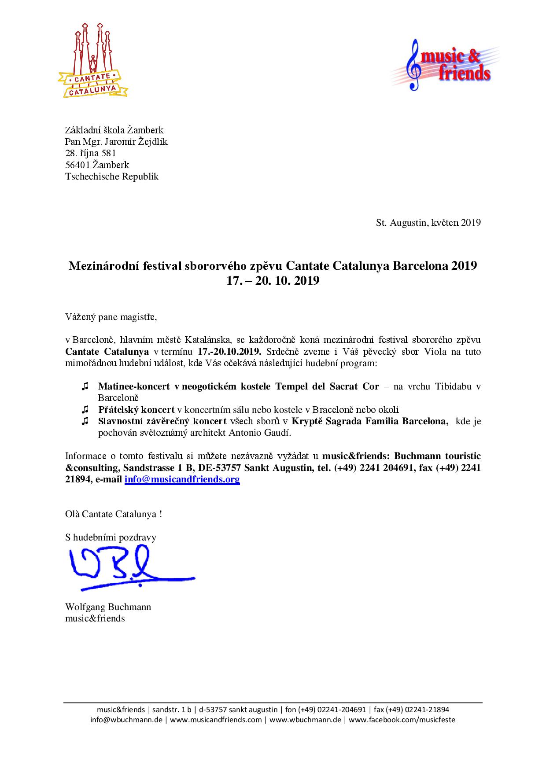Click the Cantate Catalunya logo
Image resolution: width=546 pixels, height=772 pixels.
click(x=92, y=60)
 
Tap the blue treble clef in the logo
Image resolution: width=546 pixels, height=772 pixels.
click(x=415, y=65)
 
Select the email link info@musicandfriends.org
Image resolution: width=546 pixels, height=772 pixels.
click(x=182, y=479)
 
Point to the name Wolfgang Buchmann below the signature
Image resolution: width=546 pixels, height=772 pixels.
click(x=108, y=607)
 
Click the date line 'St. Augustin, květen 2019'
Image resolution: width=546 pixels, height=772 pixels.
click(x=428, y=222)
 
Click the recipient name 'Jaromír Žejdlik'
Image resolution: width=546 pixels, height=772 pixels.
click(x=136, y=142)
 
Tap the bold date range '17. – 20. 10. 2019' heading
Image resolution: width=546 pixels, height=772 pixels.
click(x=273, y=281)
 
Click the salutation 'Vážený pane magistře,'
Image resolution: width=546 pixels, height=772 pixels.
click(x=111, y=317)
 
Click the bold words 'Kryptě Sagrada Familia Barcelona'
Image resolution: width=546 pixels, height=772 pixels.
click(x=369, y=421)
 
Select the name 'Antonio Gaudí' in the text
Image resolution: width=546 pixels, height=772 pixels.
click(x=261, y=432)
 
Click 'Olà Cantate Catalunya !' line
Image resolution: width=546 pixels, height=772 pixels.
click(x=114, y=514)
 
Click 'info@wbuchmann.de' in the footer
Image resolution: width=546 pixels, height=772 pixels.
click(x=127, y=720)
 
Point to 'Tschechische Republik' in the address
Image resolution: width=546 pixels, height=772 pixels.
click(x=112, y=176)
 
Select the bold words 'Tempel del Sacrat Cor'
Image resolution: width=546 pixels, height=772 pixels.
click(x=327, y=386)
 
